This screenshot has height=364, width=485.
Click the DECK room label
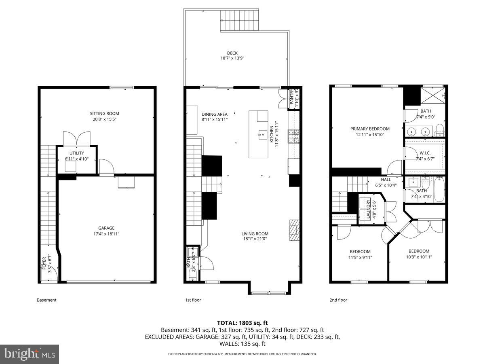(232, 53)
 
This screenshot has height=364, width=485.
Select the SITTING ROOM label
(104, 114)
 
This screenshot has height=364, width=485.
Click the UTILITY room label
(76, 153)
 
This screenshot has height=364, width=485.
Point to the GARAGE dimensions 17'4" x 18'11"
(106, 234)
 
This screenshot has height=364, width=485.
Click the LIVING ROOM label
(255, 234)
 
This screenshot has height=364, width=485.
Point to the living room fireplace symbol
(295, 230)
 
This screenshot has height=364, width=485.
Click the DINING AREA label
(214, 114)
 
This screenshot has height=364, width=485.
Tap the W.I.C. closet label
(425, 153)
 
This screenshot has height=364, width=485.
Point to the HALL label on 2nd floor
(386, 180)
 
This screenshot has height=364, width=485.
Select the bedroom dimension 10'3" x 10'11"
(419, 256)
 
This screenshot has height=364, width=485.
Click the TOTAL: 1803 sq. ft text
(242, 323)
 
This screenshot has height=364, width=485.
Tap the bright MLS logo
(30, 354)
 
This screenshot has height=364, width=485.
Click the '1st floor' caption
(193, 300)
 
